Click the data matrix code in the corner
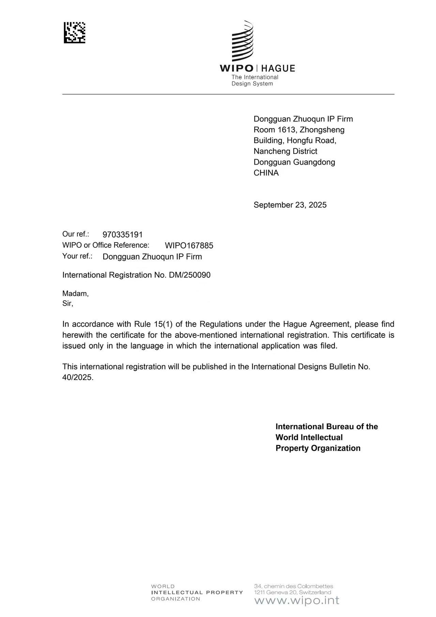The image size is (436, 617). pyautogui.click(x=74, y=33)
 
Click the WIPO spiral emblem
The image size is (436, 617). pyautogui.click(x=242, y=41)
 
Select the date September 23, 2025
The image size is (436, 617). pyautogui.click(x=290, y=205)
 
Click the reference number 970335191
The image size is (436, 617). pyautogui.click(x=122, y=234)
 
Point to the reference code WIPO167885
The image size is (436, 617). pyautogui.click(x=189, y=245)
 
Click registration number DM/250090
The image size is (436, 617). pyautogui.click(x=190, y=275)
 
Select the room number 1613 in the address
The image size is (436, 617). pyautogui.click(x=287, y=130)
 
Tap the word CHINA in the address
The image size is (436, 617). pyautogui.click(x=266, y=173)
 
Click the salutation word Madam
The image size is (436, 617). pyautogui.click(x=75, y=293)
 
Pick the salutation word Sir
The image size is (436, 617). pyautogui.click(x=67, y=303)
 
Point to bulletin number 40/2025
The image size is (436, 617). pyautogui.click(x=77, y=377)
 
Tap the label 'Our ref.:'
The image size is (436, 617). pyautogui.click(x=75, y=234)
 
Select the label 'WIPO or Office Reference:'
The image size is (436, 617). pyautogui.click(x=106, y=245)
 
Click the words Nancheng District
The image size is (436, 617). pyautogui.click(x=285, y=151)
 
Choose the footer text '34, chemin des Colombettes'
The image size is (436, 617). pyautogui.click(x=294, y=586)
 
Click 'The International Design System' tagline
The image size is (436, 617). pyautogui.click(x=255, y=80)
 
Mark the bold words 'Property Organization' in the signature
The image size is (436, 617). pyautogui.click(x=318, y=448)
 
